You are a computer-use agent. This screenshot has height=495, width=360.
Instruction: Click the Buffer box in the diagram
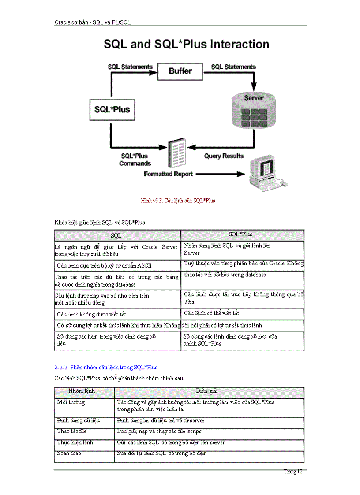pos(180,71)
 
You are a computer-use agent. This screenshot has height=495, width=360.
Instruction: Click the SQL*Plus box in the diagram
pos(112,109)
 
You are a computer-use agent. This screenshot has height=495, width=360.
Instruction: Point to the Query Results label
pos(223,156)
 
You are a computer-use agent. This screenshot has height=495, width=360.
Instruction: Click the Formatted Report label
pos(168,174)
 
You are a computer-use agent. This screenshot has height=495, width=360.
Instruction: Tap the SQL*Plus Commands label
pos(135,160)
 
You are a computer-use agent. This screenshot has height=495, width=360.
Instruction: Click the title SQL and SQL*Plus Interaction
pos(186,45)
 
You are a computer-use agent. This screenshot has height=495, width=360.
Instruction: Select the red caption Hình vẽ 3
pos(178,201)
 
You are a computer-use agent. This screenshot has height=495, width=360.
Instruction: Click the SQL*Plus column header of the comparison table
pos(240,234)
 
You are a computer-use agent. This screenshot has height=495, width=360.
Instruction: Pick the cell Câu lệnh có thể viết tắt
pos(212,313)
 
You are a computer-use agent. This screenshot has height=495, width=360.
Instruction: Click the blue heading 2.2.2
pos(106,367)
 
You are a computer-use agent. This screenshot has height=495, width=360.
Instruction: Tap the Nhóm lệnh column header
pos(82,391)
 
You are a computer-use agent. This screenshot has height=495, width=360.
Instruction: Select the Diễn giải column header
pos(207,391)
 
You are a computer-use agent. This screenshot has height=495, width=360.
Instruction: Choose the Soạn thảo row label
pos(69,454)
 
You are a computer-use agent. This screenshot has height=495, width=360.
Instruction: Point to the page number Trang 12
pos(293,472)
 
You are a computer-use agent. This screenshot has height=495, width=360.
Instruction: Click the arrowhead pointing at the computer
pos(240,174)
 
